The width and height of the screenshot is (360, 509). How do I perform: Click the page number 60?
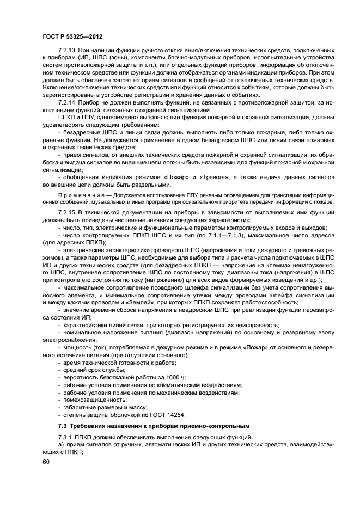coord(46,462)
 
